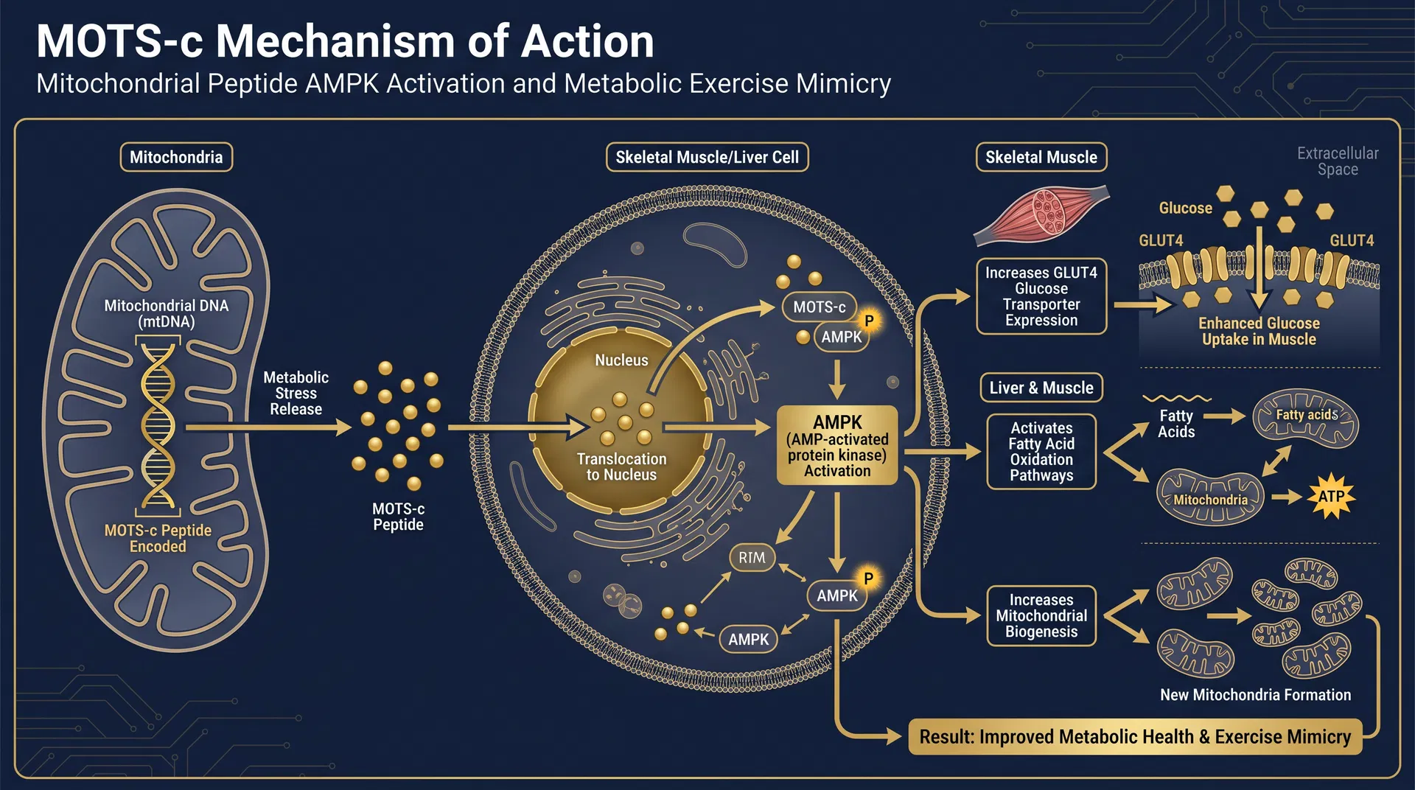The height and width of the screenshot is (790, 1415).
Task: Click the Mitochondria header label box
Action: tap(176, 157)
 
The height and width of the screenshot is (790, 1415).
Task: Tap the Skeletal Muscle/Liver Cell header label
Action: tap(707, 157)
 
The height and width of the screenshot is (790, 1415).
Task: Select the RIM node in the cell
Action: tap(752, 558)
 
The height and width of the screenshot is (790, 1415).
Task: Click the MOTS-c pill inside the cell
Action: tap(819, 307)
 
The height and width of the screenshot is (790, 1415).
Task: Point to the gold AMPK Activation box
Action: tap(837, 445)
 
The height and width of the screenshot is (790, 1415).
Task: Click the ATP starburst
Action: tap(1331, 496)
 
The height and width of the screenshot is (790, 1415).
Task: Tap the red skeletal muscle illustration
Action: tap(1041, 214)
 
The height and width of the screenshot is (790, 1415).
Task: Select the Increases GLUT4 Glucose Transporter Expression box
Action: tap(1041, 296)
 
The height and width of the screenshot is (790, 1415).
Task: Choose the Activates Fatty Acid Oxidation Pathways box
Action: tap(1041, 452)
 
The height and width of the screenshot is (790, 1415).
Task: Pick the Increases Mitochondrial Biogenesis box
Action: tap(1041, 615)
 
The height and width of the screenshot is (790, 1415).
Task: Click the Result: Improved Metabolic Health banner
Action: tap(1135, 737)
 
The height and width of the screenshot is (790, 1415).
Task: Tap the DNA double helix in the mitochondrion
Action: tap(158, 426)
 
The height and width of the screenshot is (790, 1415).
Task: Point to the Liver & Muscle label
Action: tap(1041, 388)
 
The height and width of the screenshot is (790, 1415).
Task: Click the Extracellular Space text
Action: tap(1337, 161)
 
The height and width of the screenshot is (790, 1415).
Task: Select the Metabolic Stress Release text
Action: tap(296, 393)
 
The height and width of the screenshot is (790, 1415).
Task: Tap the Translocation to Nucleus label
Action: tap(621, 466)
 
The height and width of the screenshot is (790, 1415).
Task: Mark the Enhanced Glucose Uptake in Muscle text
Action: tap(1259, 331)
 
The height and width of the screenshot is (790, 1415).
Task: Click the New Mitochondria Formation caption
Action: tap(1255, 695)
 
